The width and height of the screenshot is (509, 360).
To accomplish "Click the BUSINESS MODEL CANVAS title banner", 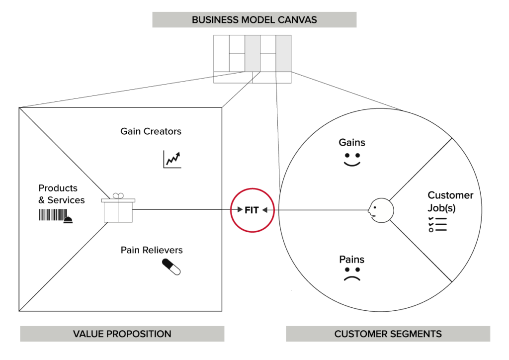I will point(254,20).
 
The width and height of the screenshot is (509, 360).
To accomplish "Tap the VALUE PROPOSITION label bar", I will point(122,334).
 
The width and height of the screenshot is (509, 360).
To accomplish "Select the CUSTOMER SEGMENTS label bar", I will point(388,334).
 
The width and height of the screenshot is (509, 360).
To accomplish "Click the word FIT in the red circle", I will point(252,210).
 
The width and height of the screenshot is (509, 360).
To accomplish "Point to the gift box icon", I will point(118,208).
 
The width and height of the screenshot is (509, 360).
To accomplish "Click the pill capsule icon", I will point(171,267).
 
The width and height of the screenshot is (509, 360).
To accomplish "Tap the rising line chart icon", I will point(172,159).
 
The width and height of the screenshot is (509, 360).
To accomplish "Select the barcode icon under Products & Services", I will point(51,215).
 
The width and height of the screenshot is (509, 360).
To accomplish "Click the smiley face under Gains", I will point(352,160).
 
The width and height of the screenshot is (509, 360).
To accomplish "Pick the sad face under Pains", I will point(352,275).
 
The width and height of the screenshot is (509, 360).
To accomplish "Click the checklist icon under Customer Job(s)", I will point(437,225).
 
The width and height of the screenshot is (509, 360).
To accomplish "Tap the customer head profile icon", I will point(381,210).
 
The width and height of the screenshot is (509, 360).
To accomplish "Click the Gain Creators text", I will point(151,132).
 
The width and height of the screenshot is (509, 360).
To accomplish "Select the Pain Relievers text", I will point(152,250).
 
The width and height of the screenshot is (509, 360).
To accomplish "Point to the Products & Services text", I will point(61,194).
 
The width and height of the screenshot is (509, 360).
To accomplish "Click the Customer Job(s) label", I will point(450,201).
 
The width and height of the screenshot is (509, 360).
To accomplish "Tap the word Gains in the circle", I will point(352,143).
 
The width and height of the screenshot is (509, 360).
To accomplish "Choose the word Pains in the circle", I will point(352,260).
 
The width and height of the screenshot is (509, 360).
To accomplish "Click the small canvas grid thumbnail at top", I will point(253,59).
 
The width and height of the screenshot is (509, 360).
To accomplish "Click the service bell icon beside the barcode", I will point(69,219).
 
